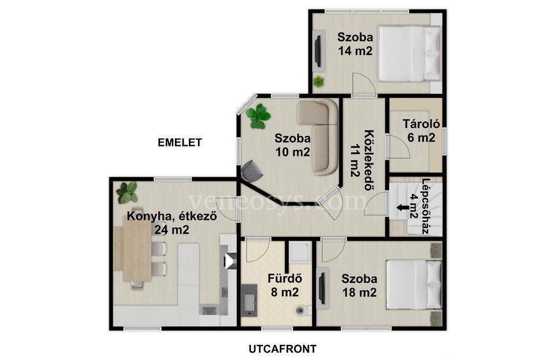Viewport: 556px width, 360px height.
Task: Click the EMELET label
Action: coord(180,142)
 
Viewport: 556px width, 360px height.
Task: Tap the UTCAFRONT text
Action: coord(282,349)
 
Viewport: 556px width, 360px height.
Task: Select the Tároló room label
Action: coord(421,124)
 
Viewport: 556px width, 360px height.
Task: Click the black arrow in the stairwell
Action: coord(402,207)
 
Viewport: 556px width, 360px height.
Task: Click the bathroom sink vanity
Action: coord(251,300)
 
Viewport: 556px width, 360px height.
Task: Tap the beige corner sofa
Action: coord(318,137)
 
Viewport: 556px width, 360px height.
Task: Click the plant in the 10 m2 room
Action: coord(258,116)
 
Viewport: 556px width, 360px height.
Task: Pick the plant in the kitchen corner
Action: coord(127,192)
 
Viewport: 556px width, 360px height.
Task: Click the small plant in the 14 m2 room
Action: coord(319,82)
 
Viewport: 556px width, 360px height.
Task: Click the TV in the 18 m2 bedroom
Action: coord(321,285)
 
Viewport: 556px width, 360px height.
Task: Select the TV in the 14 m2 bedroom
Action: coord(319,49)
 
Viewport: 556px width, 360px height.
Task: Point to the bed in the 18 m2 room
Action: coord(414,285)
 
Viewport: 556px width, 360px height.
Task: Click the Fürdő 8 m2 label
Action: coord(284,285)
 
